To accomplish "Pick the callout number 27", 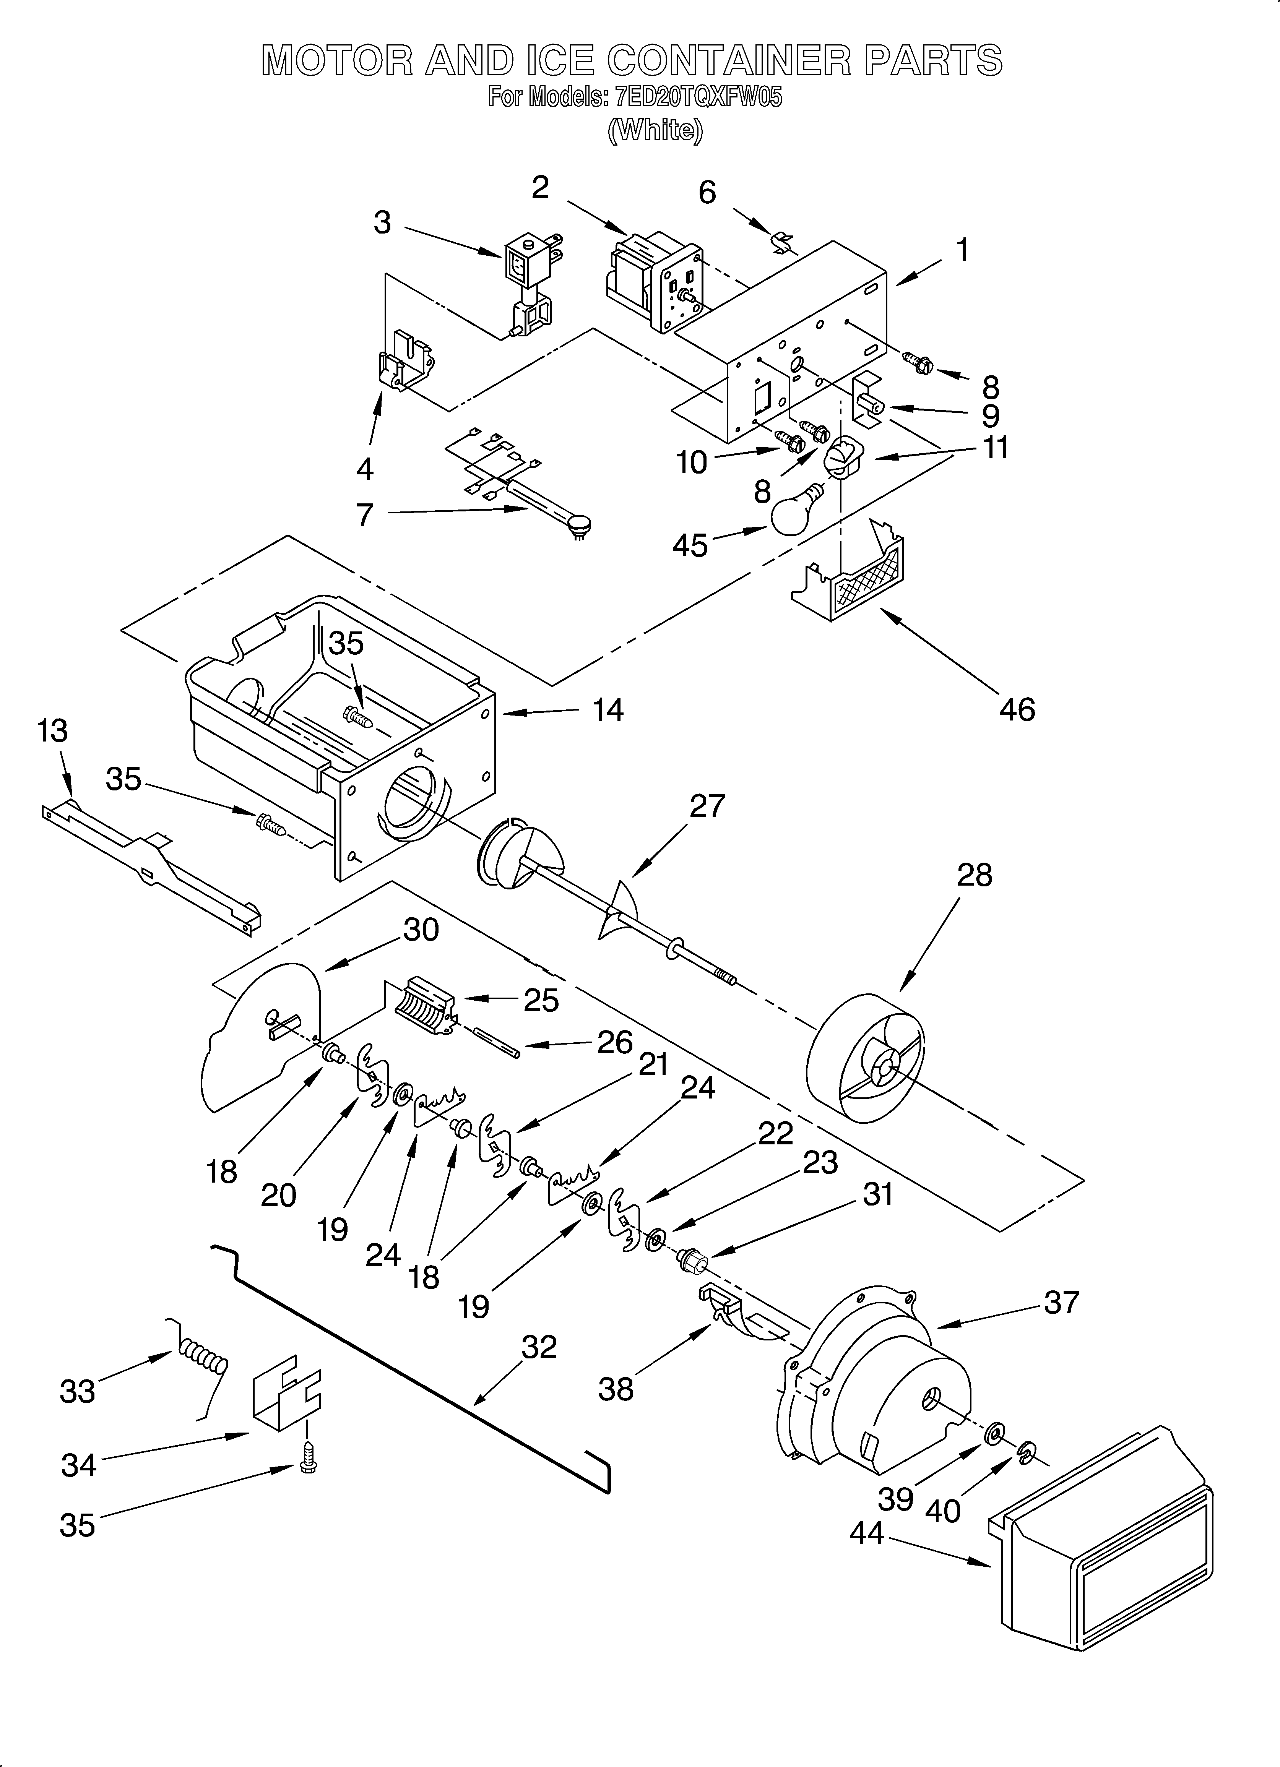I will pyautogui.click(x=707, y=806).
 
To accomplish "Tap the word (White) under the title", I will pyautogui.click(x=655, y=130).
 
